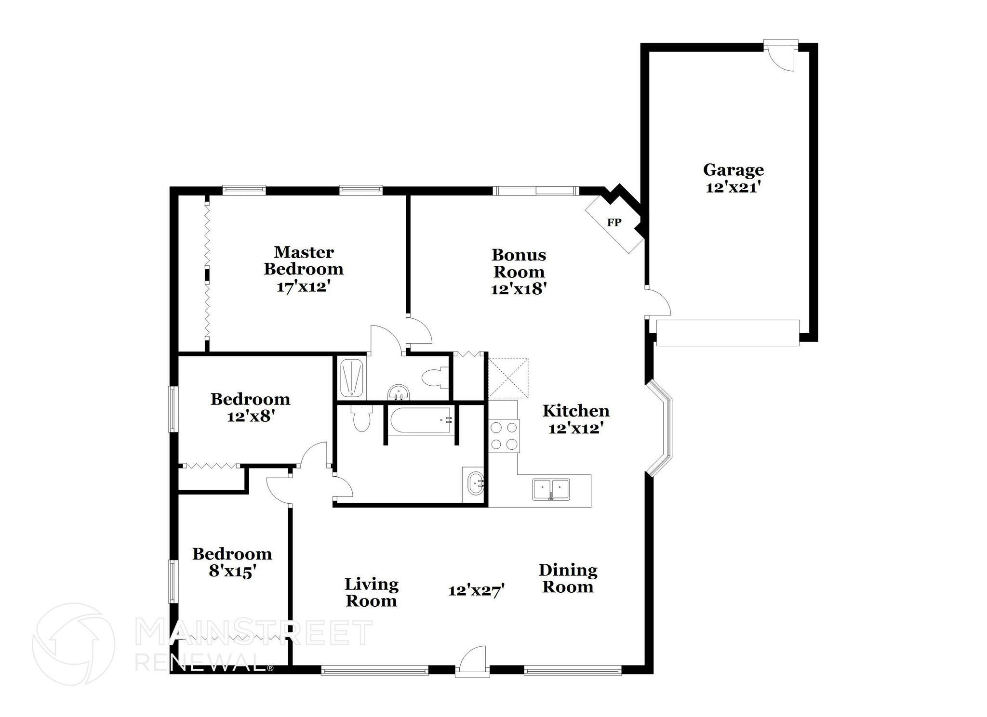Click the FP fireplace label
(614, 222)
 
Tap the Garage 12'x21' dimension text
(733, 187)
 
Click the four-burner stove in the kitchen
(504, 436)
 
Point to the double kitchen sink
(550, 489)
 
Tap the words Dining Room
(568, 578)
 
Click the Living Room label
(371, 592)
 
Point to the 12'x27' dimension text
(476, 590)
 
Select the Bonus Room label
(519, 263)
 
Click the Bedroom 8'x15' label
(232, 562)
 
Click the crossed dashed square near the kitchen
(508, 378)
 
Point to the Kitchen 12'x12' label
(576, 419)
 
